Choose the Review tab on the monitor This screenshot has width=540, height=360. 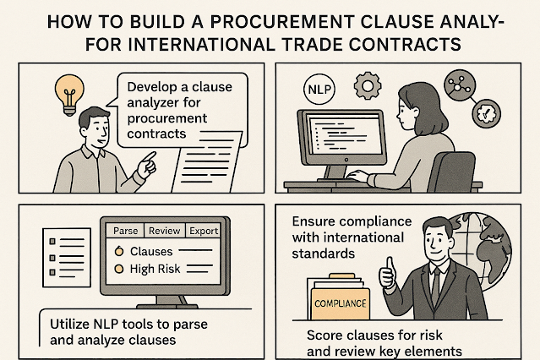click(165, 230)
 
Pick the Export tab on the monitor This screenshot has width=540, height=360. click(204, 230)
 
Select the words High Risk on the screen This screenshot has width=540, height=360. click(155, 269)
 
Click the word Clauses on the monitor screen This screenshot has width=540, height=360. click(151, 251)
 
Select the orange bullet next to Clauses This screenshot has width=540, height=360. click(120, 251)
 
